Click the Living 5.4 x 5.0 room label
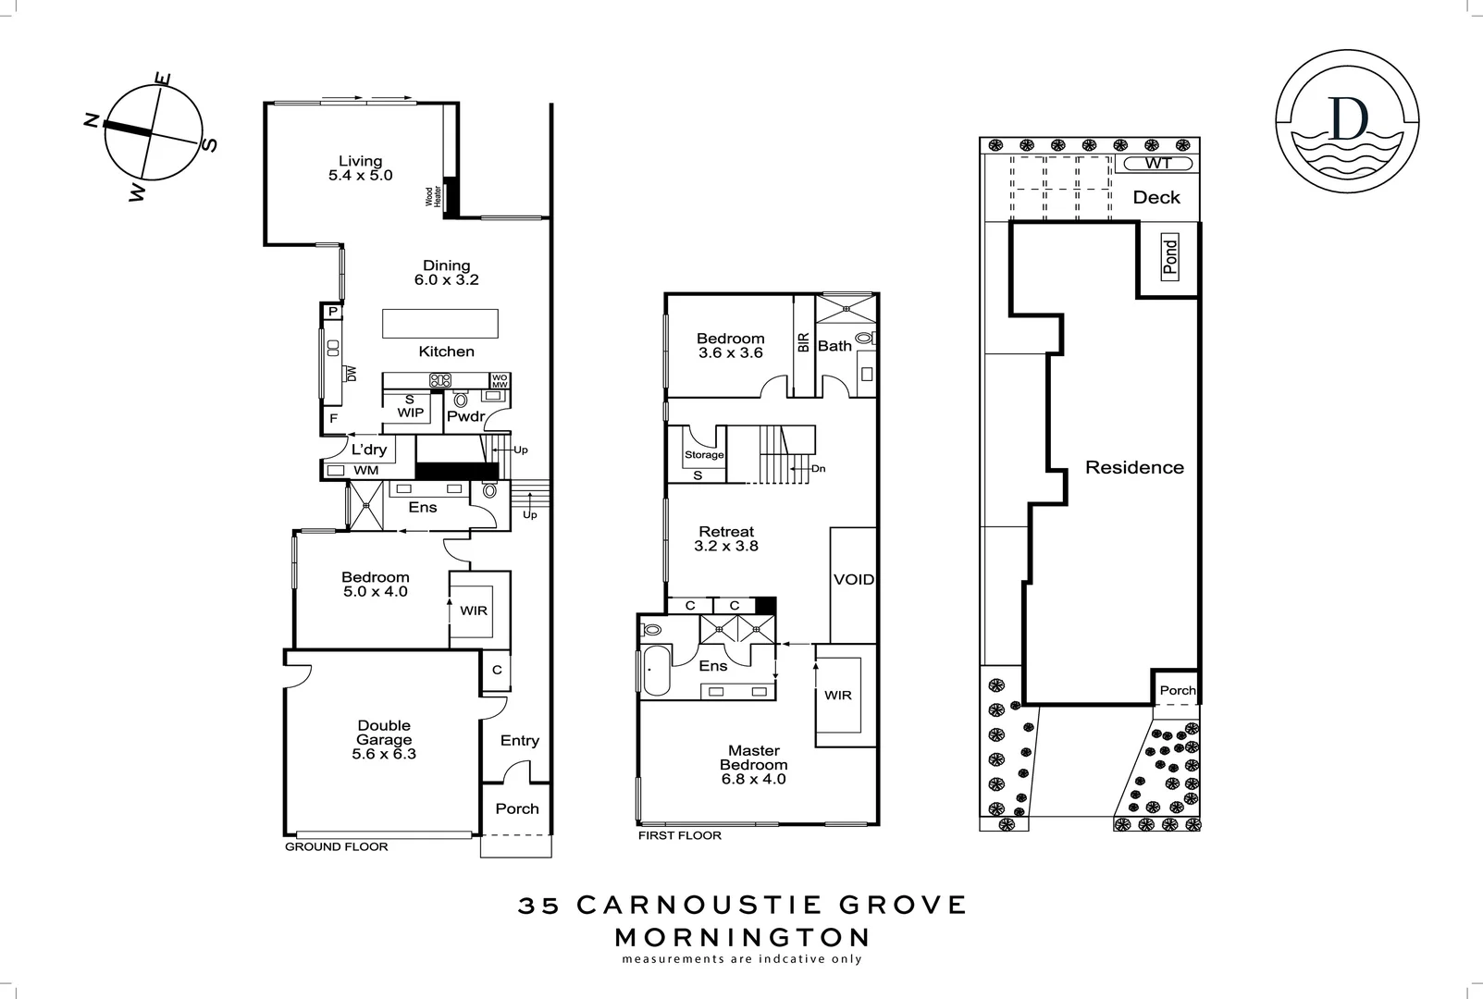[x=360, y=168]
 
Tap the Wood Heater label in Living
[x=432, y=197]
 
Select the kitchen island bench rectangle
[x=440, y=324]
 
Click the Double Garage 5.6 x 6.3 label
[x=384, y=739]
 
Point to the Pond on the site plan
[x=1169, y=257]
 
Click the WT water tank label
[x=1157, y=164]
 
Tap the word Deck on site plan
[x=1156, y=197]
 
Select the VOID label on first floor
[x=853, y=580]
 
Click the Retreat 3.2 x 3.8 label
[x=726, y=538]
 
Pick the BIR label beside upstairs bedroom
[x=803, y=343]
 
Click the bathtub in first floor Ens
[x=657, y=671]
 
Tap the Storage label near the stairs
[x=704, y=455]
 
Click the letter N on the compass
[x=91, y=120]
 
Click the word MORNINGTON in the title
[x=742, y=936]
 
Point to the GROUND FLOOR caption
[x=336, y=846]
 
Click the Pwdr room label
[x=465, y=417]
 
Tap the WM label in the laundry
[x=366, y=470]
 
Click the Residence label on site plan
[x=1134, y=467]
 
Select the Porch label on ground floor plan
[x=516, y=808]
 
